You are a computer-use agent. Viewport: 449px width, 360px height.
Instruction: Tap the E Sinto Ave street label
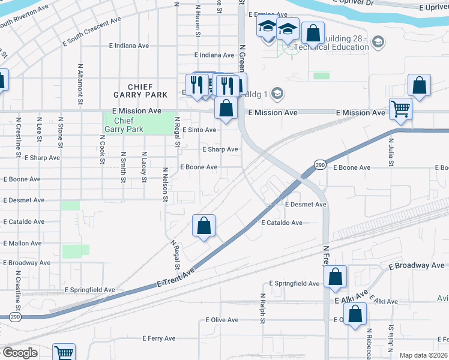[x=199, y=130]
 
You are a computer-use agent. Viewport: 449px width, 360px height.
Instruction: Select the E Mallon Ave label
[x=22, y=244]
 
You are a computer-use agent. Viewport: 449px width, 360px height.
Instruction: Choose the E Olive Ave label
[x=222, y=320]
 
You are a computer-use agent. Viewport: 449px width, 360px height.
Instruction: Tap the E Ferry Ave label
[x=159, y=338]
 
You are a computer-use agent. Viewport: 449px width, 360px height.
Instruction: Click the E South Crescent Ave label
[x=91, y=34]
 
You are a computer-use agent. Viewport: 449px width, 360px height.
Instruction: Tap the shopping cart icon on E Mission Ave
[x=400, y=109]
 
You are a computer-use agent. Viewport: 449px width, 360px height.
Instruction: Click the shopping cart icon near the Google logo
[x=64, y=353]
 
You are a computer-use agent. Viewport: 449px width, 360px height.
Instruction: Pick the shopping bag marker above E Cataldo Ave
[x=204, y=226]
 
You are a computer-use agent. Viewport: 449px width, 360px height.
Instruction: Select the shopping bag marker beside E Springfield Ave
[x=335, y=277]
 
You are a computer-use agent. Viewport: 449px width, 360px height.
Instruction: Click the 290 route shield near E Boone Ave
[x=320, y=165]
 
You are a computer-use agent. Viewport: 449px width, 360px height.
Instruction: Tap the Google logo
[x=20, y=353]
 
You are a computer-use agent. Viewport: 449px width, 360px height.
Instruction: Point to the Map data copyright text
[x=424, y=355]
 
